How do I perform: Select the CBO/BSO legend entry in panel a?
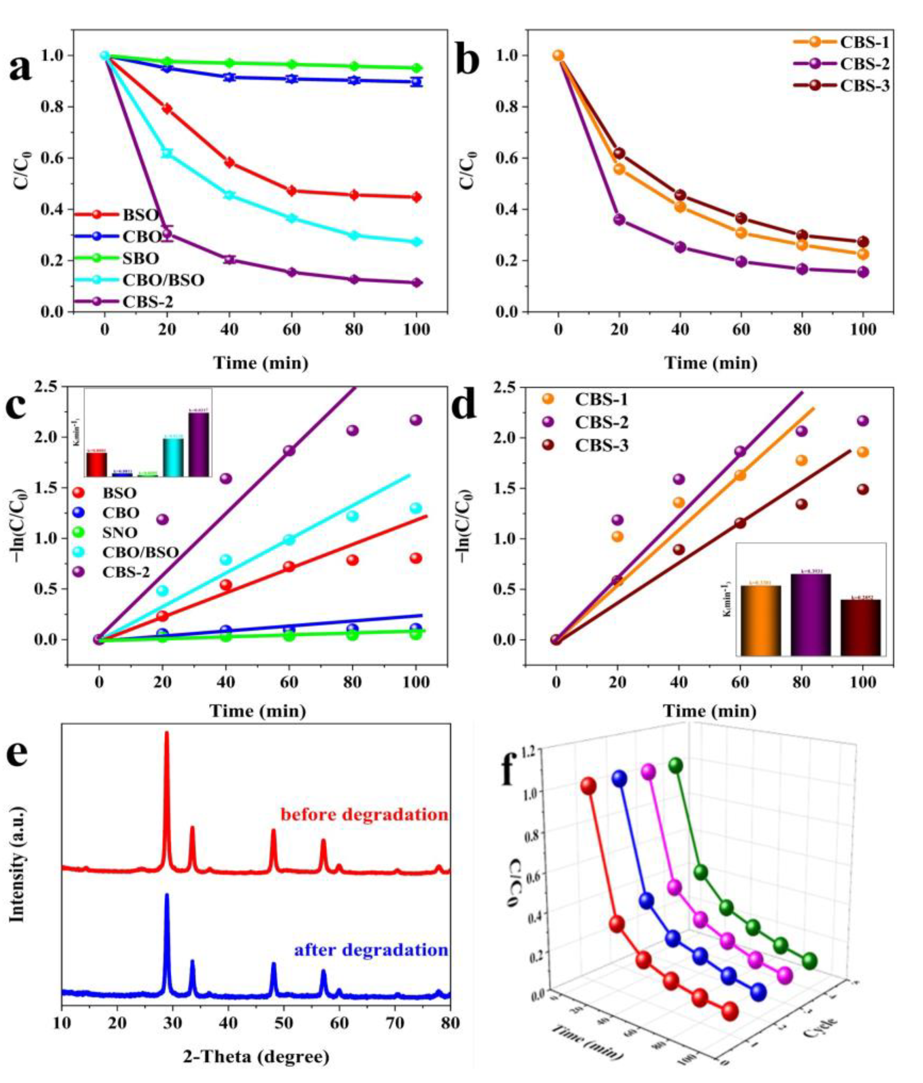pos(163,280)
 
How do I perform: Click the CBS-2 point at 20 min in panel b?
pos(619,219)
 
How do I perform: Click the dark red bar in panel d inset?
pos(860,627)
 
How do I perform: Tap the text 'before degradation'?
pos(364,814)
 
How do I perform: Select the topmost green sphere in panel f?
pos(676,766)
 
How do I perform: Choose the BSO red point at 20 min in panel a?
pos(167,109)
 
